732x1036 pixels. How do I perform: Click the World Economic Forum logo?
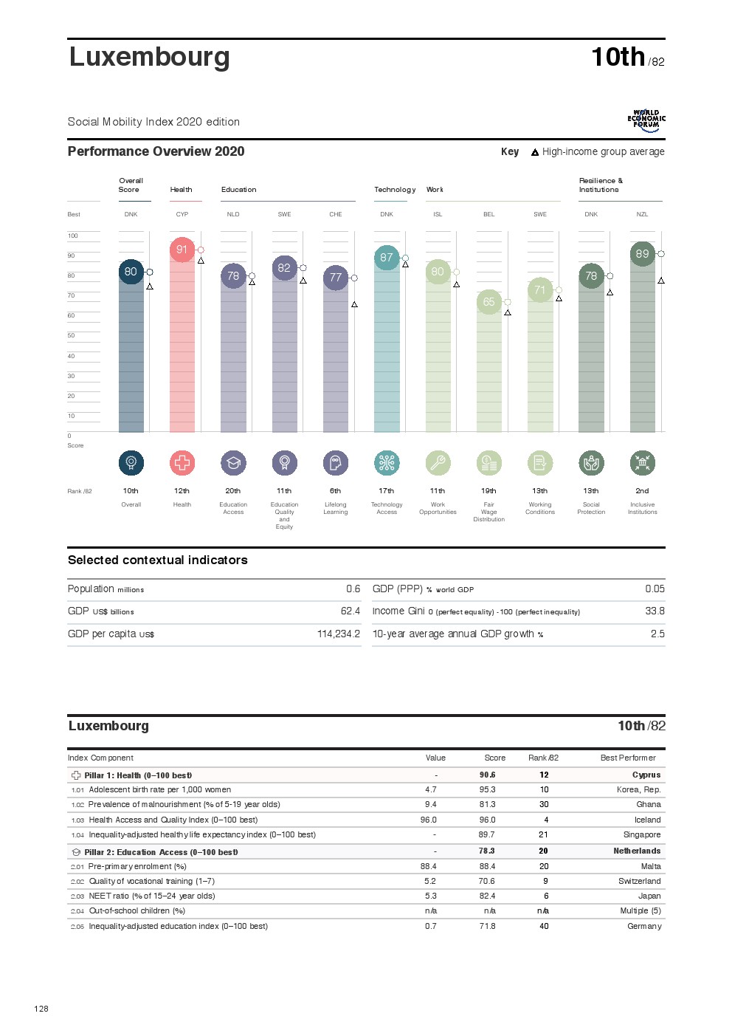[x=646, y=121]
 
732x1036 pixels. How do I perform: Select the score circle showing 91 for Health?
[x=182, y=250]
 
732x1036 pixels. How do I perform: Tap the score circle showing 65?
[x=488, y=302]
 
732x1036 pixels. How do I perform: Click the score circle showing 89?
[x=643, y=253]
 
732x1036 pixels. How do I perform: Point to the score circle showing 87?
[x=387, y=258]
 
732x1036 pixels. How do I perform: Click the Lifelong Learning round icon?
[x=336, y=463]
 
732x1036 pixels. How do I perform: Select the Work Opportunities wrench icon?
[x=438, y=463]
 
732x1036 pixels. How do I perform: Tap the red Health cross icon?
[x=182, y=463]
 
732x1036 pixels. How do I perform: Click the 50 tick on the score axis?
[x=72, y=335]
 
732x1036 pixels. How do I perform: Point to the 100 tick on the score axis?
[x=73, y=236]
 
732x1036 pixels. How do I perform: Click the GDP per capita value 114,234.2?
[x=339, y=634]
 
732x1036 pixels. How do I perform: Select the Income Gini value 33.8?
[x=655, y=611]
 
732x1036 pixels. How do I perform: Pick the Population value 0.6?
[x=353, y=589]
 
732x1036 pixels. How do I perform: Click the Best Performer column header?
[x=628, y=758]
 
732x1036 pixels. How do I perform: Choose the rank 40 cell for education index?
[x=544, y=926]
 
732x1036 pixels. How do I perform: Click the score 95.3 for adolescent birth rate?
[x=487, y=789]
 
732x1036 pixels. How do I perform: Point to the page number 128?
[x=41, y=1009]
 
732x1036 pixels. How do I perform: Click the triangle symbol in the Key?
[x=535, y=152]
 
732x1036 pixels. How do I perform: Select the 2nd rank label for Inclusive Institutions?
[x=643, y=490]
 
